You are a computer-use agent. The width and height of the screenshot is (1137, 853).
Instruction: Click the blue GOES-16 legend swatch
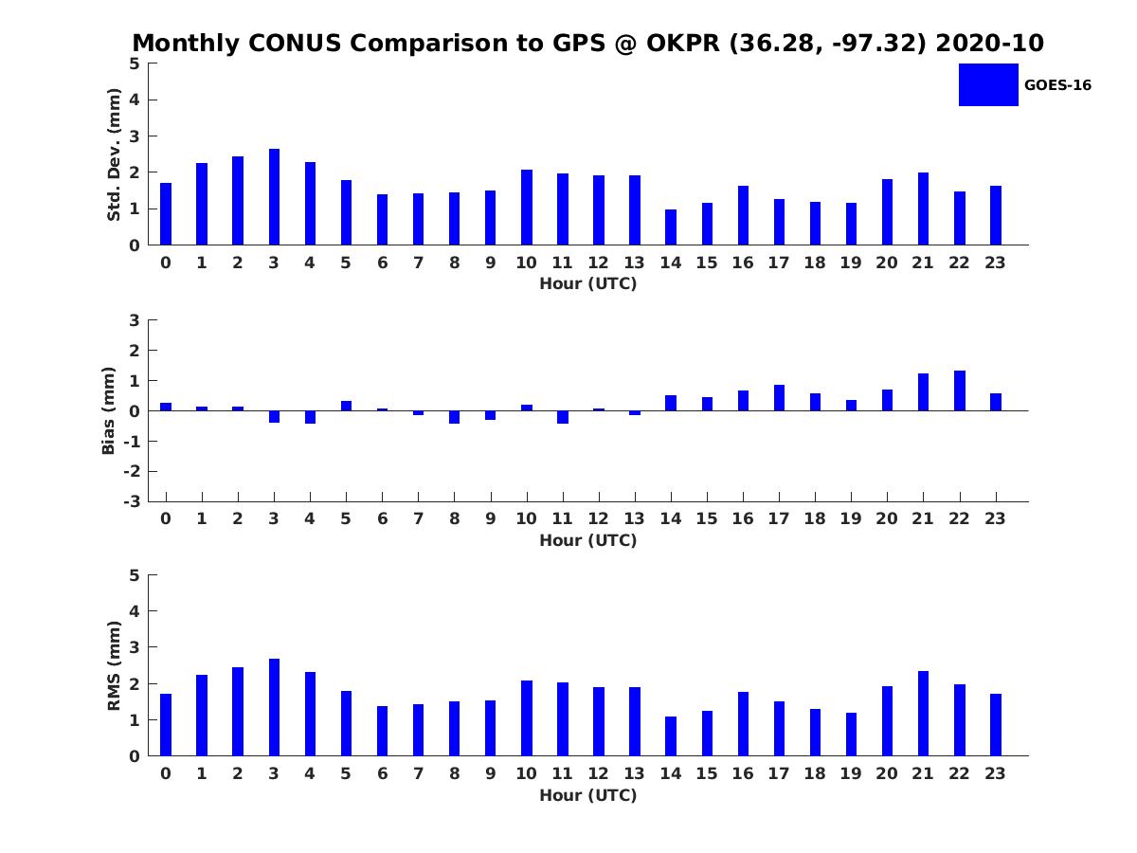[987, 84]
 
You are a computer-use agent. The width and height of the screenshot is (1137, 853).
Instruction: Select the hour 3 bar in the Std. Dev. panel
[274, 197]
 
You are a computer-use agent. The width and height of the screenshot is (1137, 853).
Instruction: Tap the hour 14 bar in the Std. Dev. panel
[671, 227]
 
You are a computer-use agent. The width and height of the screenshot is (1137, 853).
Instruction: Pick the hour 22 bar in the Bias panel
[960, 390]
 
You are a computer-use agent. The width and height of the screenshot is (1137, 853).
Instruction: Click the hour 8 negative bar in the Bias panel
[455, 417]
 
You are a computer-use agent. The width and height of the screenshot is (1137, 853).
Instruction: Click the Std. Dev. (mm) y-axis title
[114, 154]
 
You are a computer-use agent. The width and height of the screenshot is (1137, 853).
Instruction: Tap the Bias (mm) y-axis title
[109, 410]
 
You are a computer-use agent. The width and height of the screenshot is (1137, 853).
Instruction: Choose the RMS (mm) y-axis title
[114, 665]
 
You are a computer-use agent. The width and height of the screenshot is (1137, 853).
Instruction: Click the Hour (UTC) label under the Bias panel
[587, 540]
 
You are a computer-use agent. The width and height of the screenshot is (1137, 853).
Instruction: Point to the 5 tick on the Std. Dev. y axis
[135, 64]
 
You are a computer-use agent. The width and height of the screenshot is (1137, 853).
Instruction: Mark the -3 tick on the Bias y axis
[133, 501]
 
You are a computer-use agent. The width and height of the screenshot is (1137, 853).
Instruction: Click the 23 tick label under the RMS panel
[996, 773]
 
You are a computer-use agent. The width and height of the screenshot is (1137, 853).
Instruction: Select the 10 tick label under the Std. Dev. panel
[527, 263]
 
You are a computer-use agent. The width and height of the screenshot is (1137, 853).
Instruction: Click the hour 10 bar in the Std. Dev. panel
[527, 208]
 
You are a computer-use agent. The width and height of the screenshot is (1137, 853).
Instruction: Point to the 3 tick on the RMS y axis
[135, 647]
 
